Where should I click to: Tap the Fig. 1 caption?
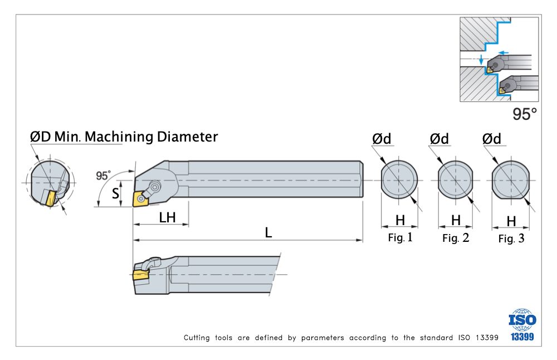(400, 238)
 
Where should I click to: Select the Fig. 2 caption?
(456, 239)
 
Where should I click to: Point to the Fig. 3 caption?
(511, 239)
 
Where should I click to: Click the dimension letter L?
(268, 233)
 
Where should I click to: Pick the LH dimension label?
(167, 217)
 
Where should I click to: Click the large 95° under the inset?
(525, 115)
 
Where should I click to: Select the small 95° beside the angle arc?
(103, 176)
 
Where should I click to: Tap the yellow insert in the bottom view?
(141, 275)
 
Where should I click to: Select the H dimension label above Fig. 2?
(456, 220)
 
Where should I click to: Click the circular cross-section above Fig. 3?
(510, 181)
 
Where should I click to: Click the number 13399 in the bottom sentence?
(483, 338)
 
